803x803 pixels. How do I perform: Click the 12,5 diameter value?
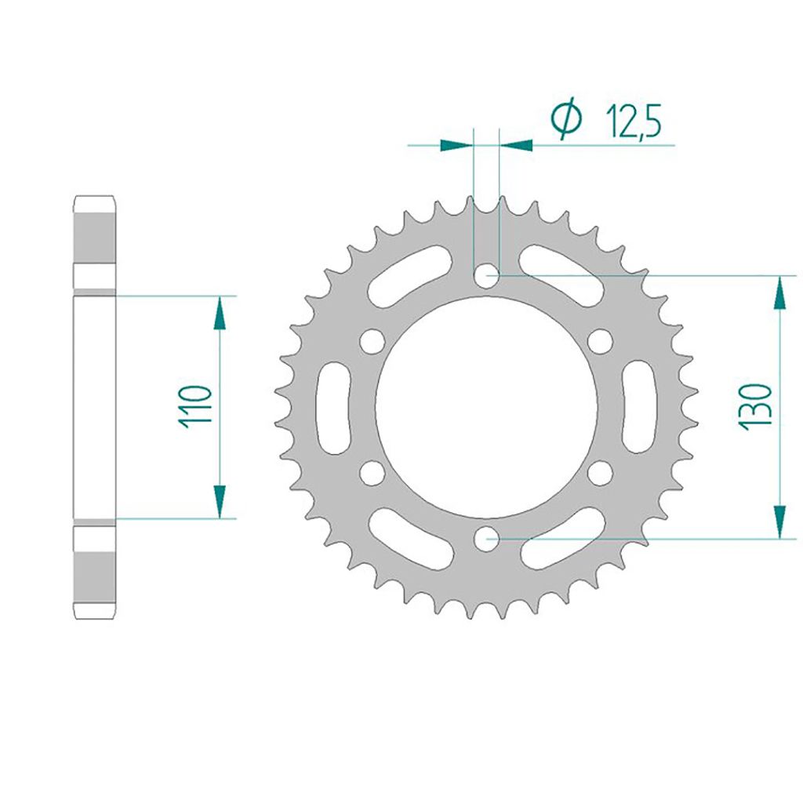[634, 122]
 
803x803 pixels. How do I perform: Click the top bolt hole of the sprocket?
[486, 276]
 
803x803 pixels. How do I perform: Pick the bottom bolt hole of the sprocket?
[486, 538]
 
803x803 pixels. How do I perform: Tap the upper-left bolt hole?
[372, 342]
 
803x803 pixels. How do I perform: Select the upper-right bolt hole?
[600, 342]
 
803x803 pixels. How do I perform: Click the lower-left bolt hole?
[372, 473]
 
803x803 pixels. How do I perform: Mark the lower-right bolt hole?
[600, 473]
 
